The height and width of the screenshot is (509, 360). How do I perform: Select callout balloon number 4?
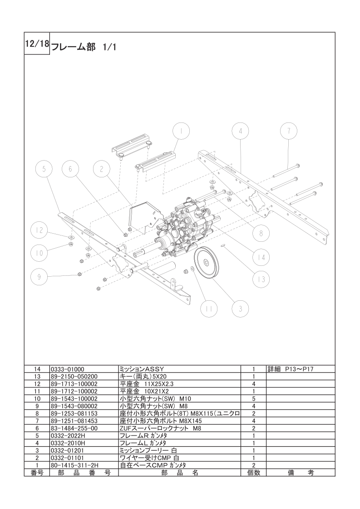[241, 131]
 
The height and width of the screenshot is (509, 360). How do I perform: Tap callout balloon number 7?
[288, 131]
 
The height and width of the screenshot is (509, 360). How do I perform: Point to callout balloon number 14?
[261, 257]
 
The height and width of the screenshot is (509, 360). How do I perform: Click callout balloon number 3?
[241, 309]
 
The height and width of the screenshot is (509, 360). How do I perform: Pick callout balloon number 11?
[208, 309]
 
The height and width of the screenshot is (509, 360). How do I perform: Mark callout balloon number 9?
[39, 276]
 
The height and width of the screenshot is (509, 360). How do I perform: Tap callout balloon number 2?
[102, 170]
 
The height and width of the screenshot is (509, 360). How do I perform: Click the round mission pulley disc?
[206, 262]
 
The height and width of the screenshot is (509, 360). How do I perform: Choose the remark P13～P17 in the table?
[291, 369]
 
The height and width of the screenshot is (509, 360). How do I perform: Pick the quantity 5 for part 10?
[253, 399]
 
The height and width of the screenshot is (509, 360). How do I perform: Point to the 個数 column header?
[253, 473]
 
